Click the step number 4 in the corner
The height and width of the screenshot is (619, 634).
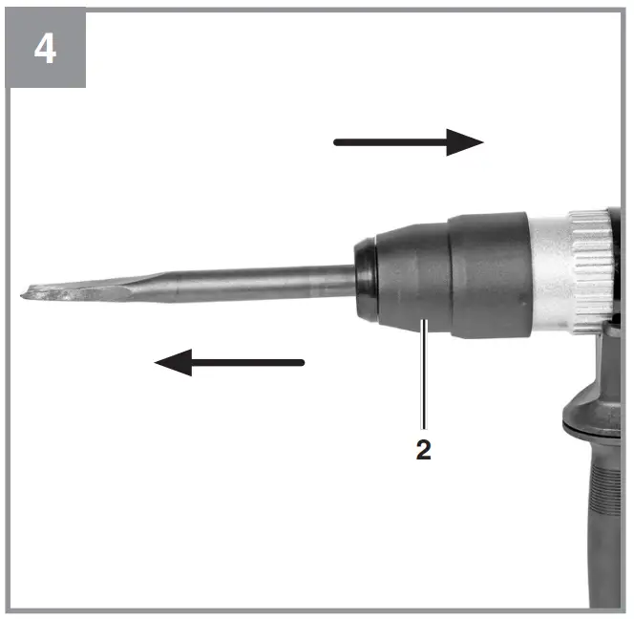44,49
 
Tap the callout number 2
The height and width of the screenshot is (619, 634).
423,451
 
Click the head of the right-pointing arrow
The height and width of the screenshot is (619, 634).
468,143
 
